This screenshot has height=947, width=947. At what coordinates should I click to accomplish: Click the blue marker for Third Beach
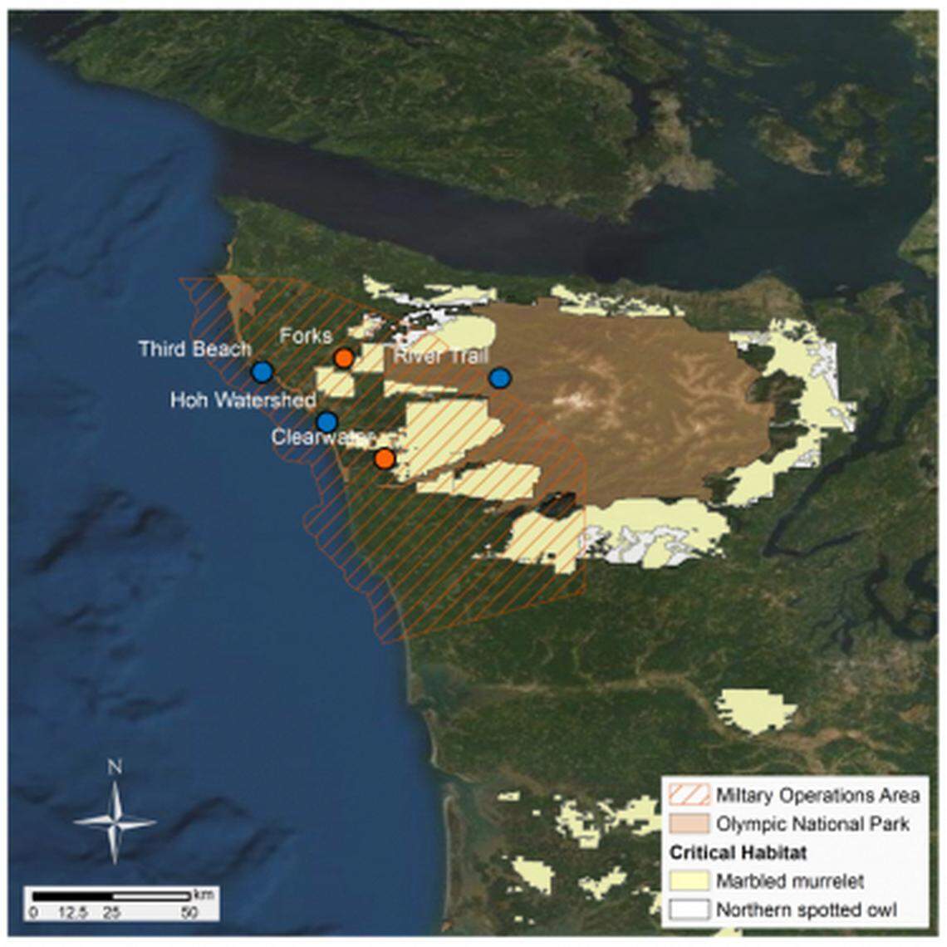pos(263,371)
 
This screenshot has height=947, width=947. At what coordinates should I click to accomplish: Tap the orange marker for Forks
pos(343,358)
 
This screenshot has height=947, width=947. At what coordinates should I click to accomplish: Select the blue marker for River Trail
pos(499,379)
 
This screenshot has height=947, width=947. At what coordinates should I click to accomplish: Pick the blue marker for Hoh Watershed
pos(326,422)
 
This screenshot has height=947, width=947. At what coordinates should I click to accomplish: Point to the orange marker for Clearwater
pos(384,459)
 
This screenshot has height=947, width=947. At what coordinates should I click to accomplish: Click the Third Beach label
pos(194,348)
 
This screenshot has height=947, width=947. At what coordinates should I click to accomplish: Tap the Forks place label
pos(306,336)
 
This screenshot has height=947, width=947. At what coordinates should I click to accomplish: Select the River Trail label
pos(440,356)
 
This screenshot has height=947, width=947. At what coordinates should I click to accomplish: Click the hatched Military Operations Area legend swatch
pos(689,795)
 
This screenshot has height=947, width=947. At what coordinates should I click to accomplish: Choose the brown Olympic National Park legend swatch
pos(689,823)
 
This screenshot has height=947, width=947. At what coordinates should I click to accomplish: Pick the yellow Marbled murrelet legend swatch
pos(689,881)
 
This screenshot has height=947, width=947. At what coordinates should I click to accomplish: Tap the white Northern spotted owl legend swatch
pos(689,909)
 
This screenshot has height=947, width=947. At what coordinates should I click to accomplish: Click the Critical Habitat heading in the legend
pos(738,852)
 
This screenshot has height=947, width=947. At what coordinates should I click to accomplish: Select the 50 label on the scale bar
pos(189,911)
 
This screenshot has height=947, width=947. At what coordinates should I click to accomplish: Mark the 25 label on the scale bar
pos(112,911)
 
